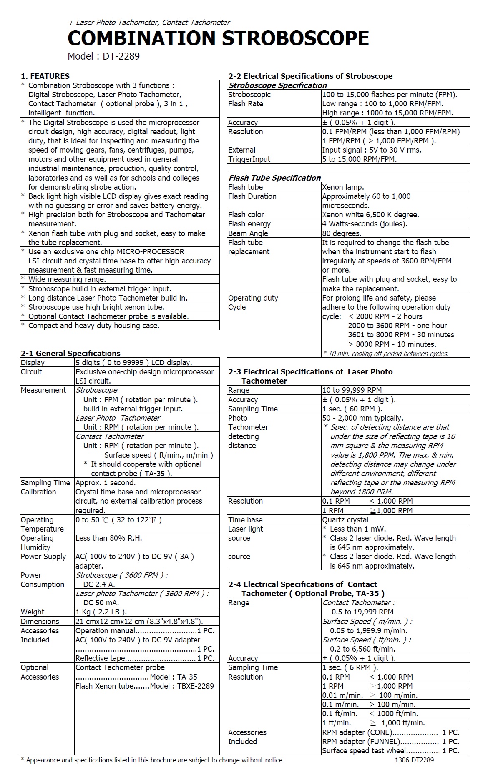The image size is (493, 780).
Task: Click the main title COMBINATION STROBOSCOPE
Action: tap(218, 38)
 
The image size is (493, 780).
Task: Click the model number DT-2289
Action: tap(121, 56)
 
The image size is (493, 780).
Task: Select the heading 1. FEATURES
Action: tap(45, 76)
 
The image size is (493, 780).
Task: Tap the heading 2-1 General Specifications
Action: tap(70, 353)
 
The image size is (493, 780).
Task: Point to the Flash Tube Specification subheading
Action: tap(274, 178)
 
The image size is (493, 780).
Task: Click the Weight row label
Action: tap(33, 612)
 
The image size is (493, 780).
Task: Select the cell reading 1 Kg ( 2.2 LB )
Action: tap(101, 612)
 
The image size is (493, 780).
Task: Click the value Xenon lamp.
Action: tap(343, 187)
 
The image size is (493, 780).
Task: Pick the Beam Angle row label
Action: tap(248, 233)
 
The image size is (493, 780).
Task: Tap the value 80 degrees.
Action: tap(342, 233)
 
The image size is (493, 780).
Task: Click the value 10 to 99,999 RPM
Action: tap(352, 390)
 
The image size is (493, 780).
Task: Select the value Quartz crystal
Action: tap(345, 519)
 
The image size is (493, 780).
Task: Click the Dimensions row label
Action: tap(40, 621)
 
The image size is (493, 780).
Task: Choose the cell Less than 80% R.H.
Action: tap(109, 538)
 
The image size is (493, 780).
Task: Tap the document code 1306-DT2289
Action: tap(414, 760)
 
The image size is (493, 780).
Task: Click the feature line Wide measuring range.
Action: tap(67, 279)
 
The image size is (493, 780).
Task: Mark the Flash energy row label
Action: tap(249, 224)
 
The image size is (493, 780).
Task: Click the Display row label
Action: tap(33, 362)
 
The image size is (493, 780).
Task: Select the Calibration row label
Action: tap(38, 492)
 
